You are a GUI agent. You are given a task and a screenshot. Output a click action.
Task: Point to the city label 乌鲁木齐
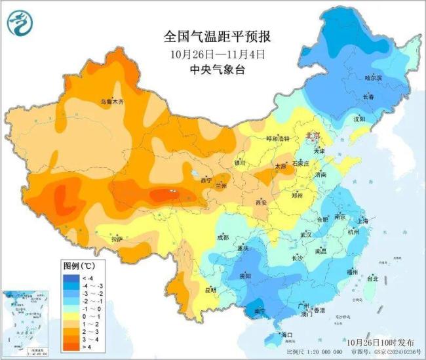(111, 102)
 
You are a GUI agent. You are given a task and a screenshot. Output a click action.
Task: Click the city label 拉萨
(117, 240)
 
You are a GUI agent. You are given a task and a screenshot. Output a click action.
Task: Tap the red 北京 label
(313, 136)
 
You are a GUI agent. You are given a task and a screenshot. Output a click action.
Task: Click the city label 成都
(223, 237)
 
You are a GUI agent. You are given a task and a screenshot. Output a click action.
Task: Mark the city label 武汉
(305, 234)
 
